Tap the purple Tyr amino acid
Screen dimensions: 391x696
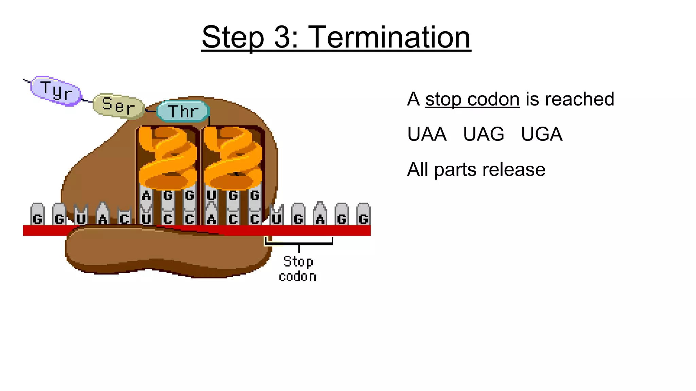tap(56, 91)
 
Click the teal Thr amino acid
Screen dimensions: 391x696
tap(183, 111)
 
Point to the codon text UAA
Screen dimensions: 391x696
tap(427, 134)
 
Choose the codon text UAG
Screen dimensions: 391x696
tap(484, 134)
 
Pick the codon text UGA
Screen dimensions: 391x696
tap(542, 134)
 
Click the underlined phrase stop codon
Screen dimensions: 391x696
tap(472, 99)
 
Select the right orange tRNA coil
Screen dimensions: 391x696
tap(233, 158)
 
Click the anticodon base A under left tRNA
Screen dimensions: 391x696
tap(146, 196)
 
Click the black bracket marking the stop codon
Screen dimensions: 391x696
tap(298, 243)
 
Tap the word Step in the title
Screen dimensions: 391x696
tap(233, 37)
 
